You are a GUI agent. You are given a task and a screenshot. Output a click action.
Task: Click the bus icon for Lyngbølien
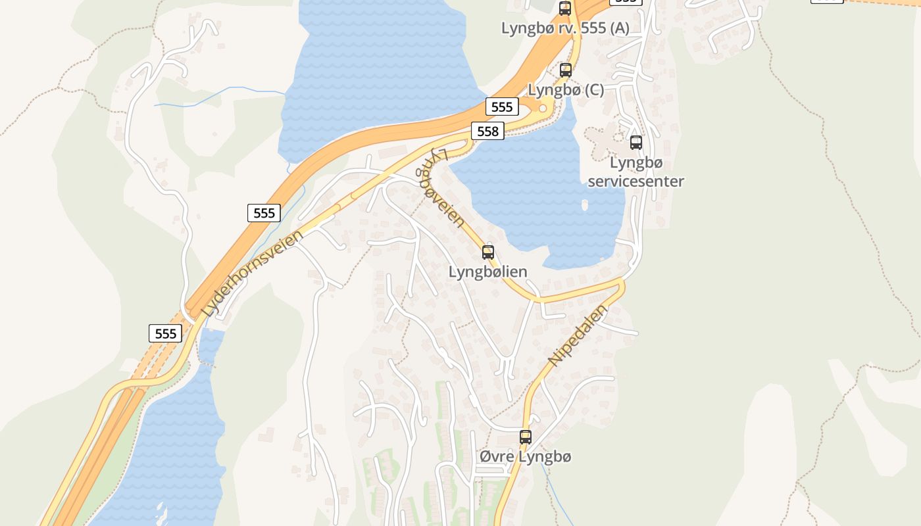tap(487, 252)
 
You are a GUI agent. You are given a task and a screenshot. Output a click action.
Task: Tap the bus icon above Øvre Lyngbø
tap(525, 437)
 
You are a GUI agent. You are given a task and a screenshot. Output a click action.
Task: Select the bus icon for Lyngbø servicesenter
tap(635, 142)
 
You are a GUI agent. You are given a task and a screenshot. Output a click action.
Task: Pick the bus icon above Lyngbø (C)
tap(565, 70)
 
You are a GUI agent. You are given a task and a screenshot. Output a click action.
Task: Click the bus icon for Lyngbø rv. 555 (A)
tap(564, 9)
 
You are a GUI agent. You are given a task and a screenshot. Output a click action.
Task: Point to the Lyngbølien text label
tap(487, 271)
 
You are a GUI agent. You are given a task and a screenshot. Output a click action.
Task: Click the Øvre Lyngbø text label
tap(525, 456)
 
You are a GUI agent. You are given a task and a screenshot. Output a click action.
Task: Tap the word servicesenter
tap(635, 181)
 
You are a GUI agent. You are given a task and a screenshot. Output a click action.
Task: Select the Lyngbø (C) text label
tap(566, 90)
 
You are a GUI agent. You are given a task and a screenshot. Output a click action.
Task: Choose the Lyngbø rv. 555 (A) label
tap(565, 28)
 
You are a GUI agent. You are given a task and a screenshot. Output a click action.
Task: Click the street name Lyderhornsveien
tap(253, 273)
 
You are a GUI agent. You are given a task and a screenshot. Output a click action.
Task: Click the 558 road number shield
tap(487, 131)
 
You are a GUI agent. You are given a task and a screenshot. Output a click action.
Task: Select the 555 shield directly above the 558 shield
tap(502, 107)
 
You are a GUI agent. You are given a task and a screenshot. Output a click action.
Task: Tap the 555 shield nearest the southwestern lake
tap(165, 333)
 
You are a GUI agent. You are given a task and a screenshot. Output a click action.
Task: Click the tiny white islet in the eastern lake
tap(585, 205)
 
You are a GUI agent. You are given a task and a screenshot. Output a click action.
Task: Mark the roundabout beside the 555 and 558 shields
tap(543, 108)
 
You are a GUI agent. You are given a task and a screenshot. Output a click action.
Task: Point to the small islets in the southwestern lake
tap(161, 512)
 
